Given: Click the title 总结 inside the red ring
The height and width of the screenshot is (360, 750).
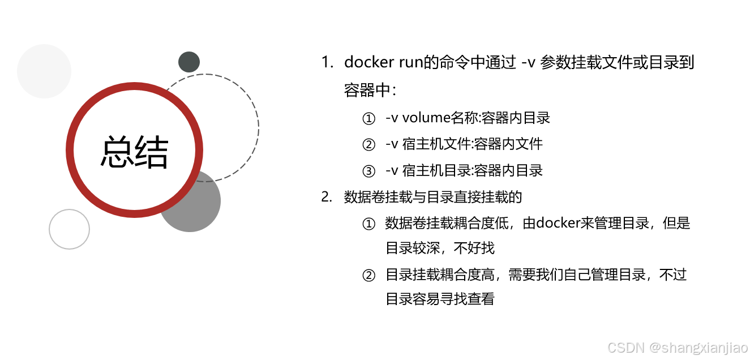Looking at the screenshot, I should coord(135,152).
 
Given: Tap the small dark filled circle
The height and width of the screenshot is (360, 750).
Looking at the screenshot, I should coord(189,62).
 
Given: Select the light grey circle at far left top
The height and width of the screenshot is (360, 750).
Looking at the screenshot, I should coord(44,71).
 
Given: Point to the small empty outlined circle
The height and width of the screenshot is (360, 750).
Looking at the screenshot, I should coord(69,229).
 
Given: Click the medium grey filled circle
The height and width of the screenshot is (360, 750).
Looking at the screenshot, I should coord(195,207).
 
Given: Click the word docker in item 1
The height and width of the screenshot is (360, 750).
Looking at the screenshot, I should coord(366,62).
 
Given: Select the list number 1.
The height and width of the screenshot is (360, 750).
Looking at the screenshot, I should coord(327,62).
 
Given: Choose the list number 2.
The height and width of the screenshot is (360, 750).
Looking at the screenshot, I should coord(327,197).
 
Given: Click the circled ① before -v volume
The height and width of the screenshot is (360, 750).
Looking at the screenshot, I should coord(368,118).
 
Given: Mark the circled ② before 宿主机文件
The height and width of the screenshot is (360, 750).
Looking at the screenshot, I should coord(368,144).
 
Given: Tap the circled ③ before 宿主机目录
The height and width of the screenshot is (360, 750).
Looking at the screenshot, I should coord(368,170).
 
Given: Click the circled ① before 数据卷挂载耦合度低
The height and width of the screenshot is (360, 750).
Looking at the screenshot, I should coord(368,224).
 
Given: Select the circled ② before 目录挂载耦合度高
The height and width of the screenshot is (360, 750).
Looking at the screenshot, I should coord(368,276).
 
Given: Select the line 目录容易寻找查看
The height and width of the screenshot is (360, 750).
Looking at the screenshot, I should coord(440,299).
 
